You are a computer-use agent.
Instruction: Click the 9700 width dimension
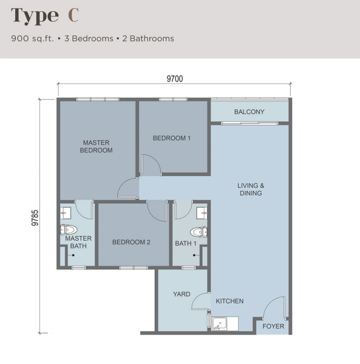[x=175, y=79]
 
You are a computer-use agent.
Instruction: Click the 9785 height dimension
[x=35, y=218]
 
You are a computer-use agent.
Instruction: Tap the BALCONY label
[x=250, y=112]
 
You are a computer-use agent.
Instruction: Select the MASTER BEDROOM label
[x=96, y=146]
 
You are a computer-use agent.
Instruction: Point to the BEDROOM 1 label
[x=172, y=138]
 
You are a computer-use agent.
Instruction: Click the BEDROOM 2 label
[x=131, y=242]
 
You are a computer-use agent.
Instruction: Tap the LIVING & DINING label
[x=251, y=189]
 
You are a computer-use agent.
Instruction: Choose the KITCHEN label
[x=229, y=301]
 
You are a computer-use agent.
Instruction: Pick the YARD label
[x=182, y=294]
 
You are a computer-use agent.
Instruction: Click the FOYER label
[x=273, y=326]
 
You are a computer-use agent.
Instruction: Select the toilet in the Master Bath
[x=69, y=230]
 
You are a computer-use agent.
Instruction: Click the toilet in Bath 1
[x=199, y=232]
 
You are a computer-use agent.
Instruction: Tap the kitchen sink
[x=220, y=323]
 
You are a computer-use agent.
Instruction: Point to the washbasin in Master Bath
[x=66, y=213]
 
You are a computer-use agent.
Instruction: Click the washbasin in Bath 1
[x=202, y=213]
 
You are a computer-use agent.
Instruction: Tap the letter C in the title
[x=73, y=15]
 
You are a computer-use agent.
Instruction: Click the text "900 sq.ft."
[x=32, y=39]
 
